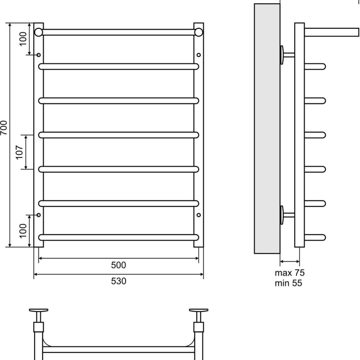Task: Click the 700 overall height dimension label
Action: pos(4,128)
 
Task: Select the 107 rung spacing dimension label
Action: pos(19,152)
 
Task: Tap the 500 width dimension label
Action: pos(118,265)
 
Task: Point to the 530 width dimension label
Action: pos(118,281)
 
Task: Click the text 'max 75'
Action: pos(289,273)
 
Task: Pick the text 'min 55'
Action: pos(288,283)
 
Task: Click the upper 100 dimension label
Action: pos(23,39)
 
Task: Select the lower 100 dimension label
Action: pos(23,231)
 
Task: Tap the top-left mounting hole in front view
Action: pos(39,55)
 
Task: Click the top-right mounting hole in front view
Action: pos(198,55)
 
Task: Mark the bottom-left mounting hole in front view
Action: pos(39,215)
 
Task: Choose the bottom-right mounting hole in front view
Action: pos(198,215)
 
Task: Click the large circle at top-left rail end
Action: pos(39,32)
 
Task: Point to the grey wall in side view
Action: pos(267,129)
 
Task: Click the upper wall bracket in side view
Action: pos(287,55)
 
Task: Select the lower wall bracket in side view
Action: pos(287,215)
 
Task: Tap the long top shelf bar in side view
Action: pos(332,32)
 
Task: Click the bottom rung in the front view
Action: pos(118,238)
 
